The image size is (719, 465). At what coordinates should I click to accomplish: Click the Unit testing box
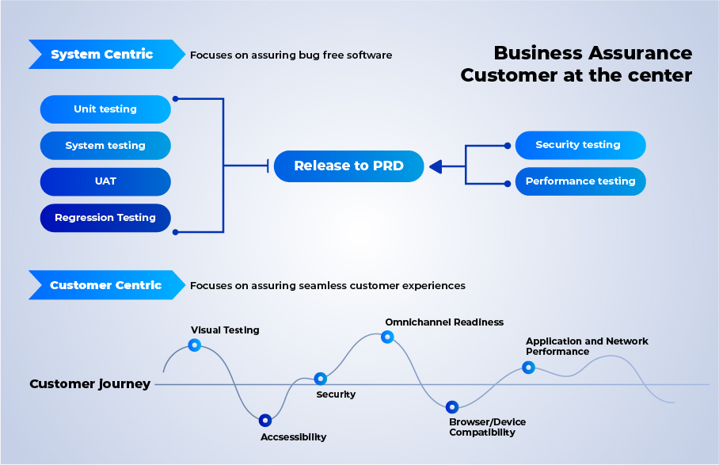point(105,109)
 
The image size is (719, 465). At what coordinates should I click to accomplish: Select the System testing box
point(105,146)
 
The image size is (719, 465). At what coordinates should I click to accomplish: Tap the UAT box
point(105,181)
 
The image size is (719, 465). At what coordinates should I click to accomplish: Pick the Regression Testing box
point(105,218)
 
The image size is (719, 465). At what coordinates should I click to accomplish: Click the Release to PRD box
point(348,166)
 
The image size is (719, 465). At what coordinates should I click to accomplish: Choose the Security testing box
point(580,145)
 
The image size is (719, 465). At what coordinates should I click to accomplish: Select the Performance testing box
point(580,181)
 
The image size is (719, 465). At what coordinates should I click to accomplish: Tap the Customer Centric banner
point(105,285)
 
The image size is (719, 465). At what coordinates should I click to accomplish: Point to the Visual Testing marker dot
point(194,345)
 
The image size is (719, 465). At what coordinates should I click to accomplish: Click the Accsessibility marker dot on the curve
point(265,421)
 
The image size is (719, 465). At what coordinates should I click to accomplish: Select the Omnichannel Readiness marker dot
point(387,337)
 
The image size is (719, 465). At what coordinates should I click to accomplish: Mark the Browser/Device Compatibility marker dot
point(452,407)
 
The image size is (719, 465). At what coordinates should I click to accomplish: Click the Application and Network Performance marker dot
point(528,367)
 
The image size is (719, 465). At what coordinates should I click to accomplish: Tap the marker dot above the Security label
point(321,379)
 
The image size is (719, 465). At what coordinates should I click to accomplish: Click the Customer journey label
point(89,384)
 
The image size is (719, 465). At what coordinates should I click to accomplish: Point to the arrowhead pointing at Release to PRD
point(436,166)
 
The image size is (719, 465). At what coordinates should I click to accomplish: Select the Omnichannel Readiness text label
point(443,322)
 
